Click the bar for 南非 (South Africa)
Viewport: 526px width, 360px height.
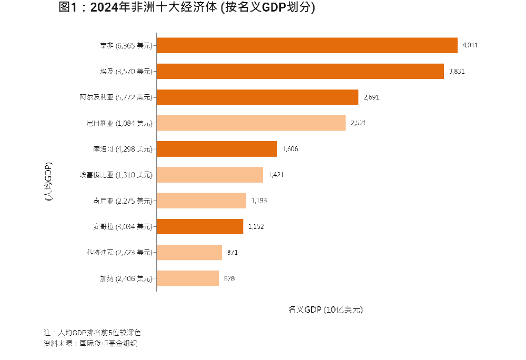(x=307, y=45)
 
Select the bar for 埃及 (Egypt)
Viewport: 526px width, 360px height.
(x=300, y=71)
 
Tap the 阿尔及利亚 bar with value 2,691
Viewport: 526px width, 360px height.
(x=258, y=97)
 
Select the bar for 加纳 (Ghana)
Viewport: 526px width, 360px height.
(x=188, y=278)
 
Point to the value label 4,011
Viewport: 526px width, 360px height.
(x=470, y=45)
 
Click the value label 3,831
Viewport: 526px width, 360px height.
(x=457, y=71)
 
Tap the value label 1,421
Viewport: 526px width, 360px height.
(x=276, y=175)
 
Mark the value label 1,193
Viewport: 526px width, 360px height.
(x=259, y=201)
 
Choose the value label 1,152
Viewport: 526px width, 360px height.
(x=256, y=226)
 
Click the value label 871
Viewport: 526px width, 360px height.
(x=232, y=252)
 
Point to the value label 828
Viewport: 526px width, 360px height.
(x=229, y=278)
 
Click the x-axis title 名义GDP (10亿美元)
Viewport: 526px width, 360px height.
(x=326, y=309)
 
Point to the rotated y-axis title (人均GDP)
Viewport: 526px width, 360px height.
(x=48, y=182)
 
